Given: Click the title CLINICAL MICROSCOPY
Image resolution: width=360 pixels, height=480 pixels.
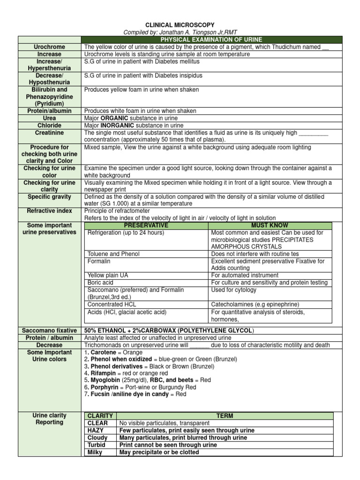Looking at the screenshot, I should coord(180,24).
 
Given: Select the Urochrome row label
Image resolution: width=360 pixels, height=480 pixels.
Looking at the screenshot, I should coord(49,47).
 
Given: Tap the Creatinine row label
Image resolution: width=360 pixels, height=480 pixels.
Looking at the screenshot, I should coord(49,133).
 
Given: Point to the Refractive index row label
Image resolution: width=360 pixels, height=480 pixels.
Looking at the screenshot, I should coord(49,211).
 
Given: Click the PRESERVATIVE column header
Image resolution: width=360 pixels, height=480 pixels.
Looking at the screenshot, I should coord(145,225).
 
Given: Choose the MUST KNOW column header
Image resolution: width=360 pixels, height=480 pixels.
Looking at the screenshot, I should coord(270,225).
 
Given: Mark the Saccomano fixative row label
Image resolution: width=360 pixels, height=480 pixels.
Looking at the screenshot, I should coord(49,331).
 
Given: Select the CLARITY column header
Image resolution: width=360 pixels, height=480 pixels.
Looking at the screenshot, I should coord(100,416).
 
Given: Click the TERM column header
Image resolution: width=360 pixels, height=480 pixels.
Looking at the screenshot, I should coord(225,416).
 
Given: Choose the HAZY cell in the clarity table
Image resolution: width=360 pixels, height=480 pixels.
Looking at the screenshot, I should coord(96,430).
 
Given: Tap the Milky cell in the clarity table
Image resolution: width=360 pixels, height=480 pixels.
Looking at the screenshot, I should coord(96,452).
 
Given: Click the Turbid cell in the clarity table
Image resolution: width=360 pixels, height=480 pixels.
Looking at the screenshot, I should coord(97,445).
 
